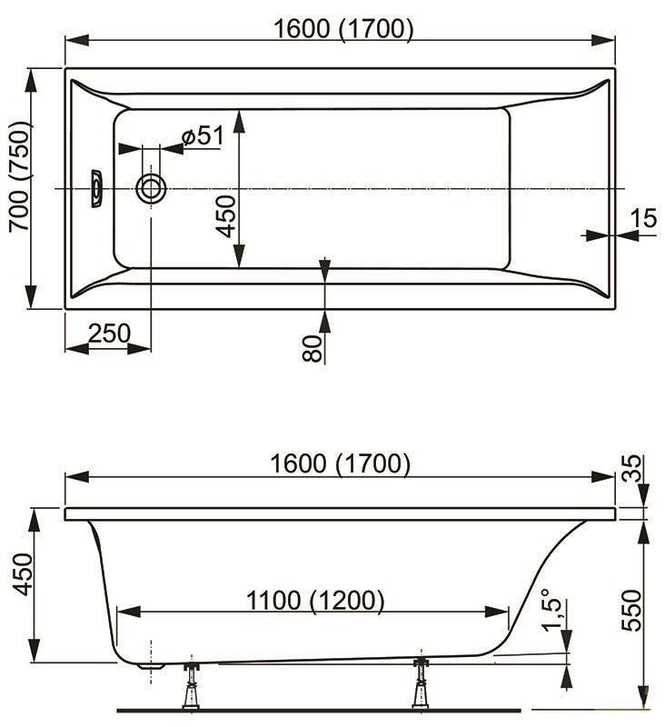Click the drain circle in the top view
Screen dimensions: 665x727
[x=151, y=189]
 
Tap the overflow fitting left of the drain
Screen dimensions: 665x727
[x=96, y=188]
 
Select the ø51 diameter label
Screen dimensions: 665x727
[x=203, y=135]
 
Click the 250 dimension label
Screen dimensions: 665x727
[x=109, y=333]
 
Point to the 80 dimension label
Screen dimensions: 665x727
[x=312, y=348]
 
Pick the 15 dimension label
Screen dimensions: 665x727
[x=644, y=217]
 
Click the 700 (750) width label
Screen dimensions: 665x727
[x=20, y=176]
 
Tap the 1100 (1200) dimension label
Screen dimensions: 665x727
[x=315, y=601]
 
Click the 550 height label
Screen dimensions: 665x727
[x=631, y=610]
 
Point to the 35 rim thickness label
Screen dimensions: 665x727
[x=631, y=468]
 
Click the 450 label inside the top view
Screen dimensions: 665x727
[x=226, y=216]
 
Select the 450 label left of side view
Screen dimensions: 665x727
[x=22, y=573]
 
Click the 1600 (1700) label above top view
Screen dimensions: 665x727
[x=343, y=29]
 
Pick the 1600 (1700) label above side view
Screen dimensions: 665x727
[x=340, y=463]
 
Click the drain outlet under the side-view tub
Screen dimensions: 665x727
[x=152, y=666]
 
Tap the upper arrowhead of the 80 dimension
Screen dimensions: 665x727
[x=325, y=270]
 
